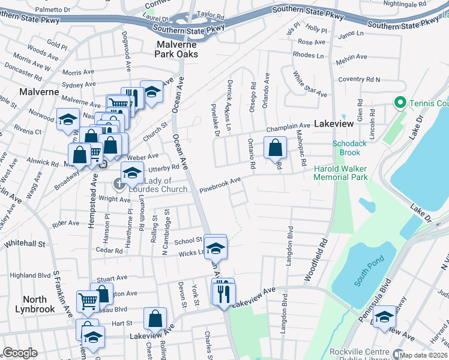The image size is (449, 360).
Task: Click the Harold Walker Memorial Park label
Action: click(340, 173)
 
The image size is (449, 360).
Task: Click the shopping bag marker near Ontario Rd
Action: click(275, 147)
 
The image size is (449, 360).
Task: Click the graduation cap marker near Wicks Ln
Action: click(215, 247)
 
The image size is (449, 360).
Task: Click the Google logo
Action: click(20, 353)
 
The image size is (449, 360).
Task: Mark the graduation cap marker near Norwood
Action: click(68, 119)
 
